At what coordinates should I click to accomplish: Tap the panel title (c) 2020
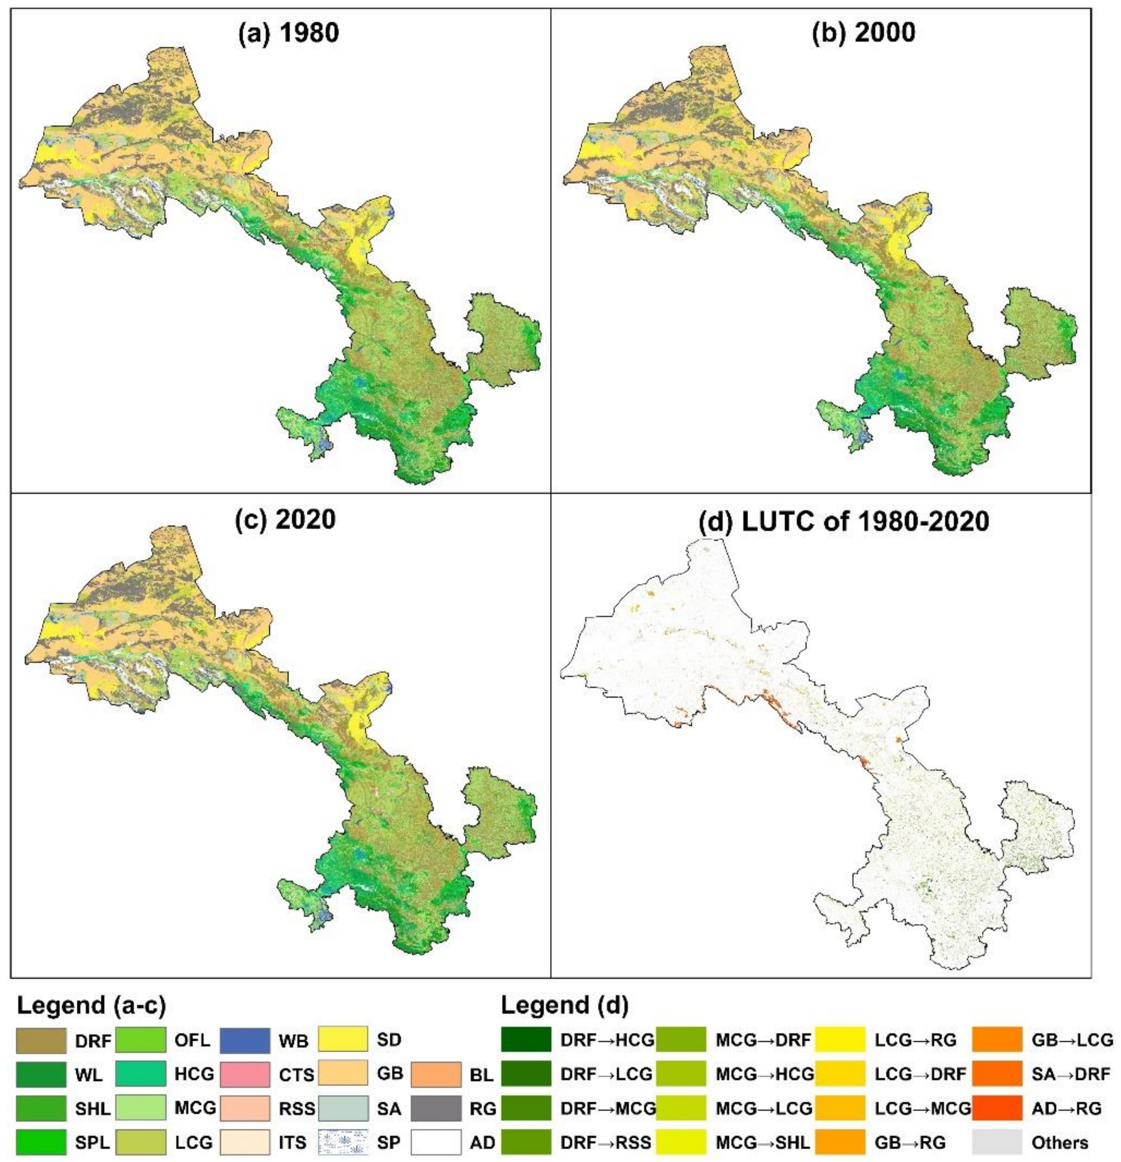(286, 519)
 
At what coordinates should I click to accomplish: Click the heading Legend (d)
(564, 1005)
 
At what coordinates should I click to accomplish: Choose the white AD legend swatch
(436, 1142)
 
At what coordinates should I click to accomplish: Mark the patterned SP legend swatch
(343, 1142)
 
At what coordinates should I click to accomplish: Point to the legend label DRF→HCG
(607, 1040)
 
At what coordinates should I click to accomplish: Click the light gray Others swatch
(997, 1142)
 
